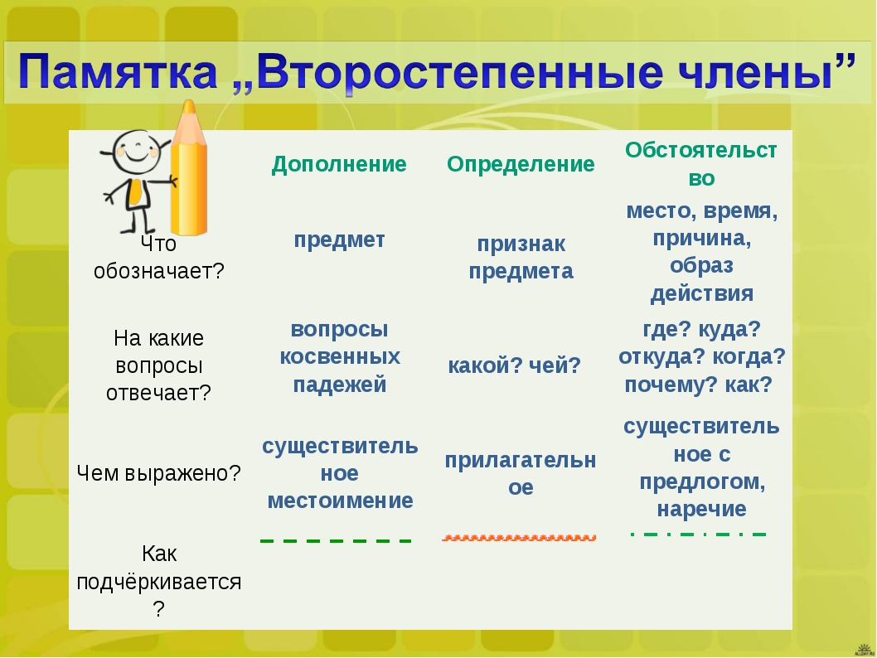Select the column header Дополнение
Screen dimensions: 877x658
pos(339,164)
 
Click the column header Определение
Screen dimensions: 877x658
pos(521,164)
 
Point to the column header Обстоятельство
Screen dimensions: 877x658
pos(701,164)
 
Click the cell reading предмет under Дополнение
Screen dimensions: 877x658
pos(340,239)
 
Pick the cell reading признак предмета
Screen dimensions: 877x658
pos(521,257)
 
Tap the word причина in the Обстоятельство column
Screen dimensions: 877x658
pos(702,239)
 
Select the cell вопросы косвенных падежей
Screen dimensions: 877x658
pos(340,356)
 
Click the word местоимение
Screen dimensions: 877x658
pos(340,501)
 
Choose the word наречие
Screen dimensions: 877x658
pos(701,509)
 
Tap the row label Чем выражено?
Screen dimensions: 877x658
pos(158,473)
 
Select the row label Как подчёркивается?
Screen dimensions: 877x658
pos(159,582)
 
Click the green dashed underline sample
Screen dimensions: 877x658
pos(336,540)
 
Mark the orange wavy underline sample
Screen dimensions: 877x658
pos(518,538)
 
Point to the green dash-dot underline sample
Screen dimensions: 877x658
pos(698,535)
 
